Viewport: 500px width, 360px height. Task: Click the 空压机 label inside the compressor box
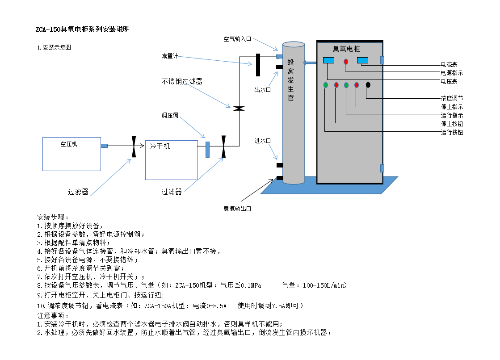68,144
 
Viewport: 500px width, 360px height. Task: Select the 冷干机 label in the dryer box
160,146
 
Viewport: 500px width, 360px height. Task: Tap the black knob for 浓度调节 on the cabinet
368,85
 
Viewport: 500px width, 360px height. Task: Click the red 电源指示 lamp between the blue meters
346,62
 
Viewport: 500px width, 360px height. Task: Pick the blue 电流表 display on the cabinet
362,60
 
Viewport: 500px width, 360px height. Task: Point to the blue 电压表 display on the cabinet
328,60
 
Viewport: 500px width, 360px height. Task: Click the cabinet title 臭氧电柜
346,49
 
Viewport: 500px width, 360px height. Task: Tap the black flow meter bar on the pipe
258,65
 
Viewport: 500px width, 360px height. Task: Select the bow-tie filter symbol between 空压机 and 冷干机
134,146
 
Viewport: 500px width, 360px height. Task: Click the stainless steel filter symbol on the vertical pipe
239,108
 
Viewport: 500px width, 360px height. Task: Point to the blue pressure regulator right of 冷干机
207,150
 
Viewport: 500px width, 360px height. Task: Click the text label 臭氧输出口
240,209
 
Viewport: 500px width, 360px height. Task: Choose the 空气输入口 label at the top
238,39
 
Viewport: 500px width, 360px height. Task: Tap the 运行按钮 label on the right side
452,132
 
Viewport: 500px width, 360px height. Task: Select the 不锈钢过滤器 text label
182,81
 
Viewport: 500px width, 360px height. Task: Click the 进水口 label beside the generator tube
263,141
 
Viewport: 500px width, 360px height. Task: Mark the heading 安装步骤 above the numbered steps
51,218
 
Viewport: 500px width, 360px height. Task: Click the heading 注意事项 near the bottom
51,316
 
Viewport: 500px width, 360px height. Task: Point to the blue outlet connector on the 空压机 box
104,146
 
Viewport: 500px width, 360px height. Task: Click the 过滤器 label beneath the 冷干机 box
172,192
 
